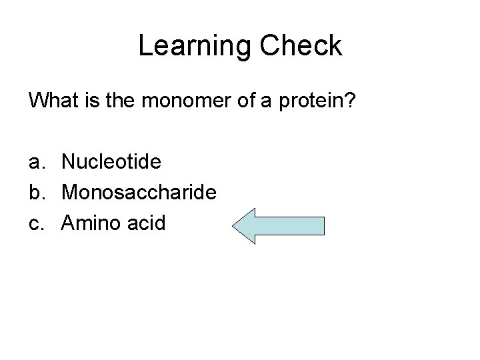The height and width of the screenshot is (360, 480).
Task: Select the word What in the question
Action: pos(53,101)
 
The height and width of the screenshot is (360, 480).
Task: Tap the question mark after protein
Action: pos(352,101)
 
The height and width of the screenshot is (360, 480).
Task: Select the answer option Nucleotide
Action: pos(111,162)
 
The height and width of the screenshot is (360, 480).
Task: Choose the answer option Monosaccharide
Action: pos(139,192)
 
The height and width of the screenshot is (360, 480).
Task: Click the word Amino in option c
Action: pos(92,222)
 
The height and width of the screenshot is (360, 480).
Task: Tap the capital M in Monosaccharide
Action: pos(69,192)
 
